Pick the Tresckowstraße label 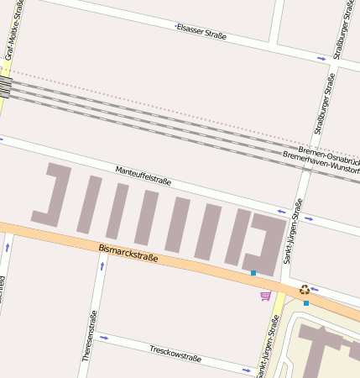click(175, 353)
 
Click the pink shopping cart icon click(265, 296)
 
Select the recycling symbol click(305, 289)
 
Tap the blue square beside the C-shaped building click(253, 273)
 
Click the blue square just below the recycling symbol click(306, 302)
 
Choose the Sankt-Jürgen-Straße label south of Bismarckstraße click(269, 344)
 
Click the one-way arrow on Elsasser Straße click(321, 59)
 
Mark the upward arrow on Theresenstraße click(102, 266)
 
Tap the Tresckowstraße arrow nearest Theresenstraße click(104, 338)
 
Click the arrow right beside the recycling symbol click(315, 289)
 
